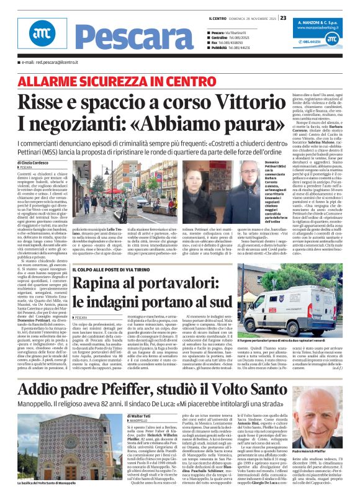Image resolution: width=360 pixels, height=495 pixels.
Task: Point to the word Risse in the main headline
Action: coord(43,102)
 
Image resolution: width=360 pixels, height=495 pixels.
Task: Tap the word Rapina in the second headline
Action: coord(115,284)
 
